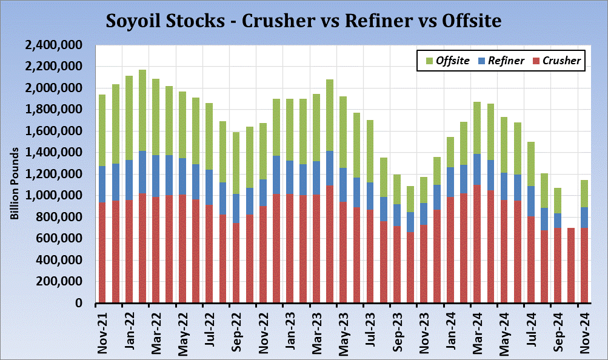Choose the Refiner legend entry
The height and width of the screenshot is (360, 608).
coord(501,61)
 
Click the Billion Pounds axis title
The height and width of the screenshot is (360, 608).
coord(14,182)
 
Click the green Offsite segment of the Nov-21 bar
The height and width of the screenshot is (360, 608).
coord(102,130)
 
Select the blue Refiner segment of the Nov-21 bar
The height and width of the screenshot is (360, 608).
coord(102,184)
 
